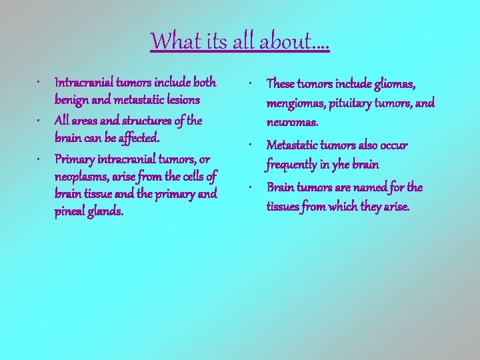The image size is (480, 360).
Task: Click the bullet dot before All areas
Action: click(x=41, y=121)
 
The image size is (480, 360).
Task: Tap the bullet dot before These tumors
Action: click(x=248, y=84)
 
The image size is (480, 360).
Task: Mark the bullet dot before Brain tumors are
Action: click(x=248, y=187)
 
